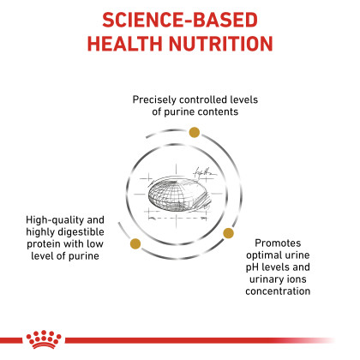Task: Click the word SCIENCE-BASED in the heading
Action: click(x=180, y=20)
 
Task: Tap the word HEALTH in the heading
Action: click(x=125, y=44)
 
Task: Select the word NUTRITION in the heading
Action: click(x=221, y=44)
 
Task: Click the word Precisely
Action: click(x=154, y=100)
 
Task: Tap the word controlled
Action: click(x=200, y=99)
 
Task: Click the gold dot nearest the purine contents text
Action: click(x=195, y=132)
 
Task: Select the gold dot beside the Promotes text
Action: click(x=228, y=233)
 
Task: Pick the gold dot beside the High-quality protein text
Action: click(x=135, y=243)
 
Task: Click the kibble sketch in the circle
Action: click(x=177, y=195)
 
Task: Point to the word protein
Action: click(x=44, y=244)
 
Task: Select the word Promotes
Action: click(x=278, y=243)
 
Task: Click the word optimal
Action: click(x=262, y=255)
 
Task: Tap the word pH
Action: click(x=252, y=267)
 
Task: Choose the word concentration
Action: click(x=278, y=291)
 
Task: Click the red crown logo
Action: click(x=44, y=339)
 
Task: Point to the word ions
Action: click(x=297, y=279)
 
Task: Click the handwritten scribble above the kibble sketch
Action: click(x=204, y=172)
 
